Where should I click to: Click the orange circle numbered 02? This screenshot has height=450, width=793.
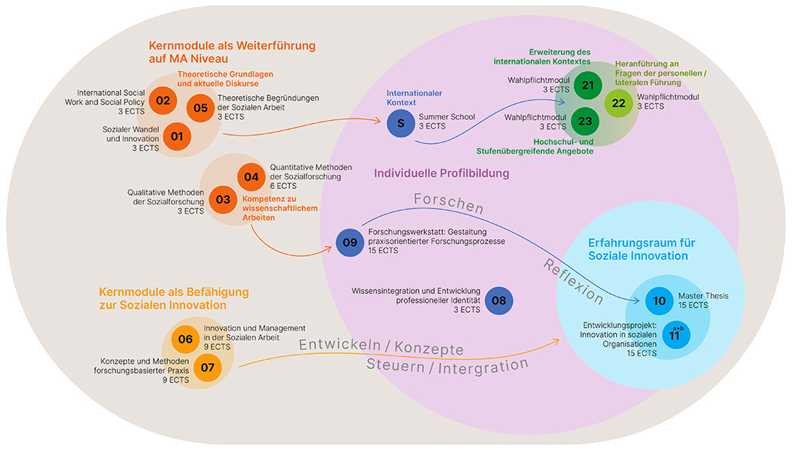tap(163, 99)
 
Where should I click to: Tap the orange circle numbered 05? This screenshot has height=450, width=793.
tap(201, 108)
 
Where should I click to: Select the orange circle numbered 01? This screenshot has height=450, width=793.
tap(177, 136)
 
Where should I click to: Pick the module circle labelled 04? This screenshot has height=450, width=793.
tap(251, 177)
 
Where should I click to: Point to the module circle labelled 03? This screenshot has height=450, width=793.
tap(223, 199)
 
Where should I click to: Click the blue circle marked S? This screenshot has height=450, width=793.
tap(401, 123)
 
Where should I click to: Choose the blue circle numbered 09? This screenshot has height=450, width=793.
tap(350, 242)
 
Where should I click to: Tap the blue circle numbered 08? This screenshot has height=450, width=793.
tap(498, 301)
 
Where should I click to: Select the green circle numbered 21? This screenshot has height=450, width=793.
tap(588, 85)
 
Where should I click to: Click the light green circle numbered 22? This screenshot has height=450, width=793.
tap(619, 103)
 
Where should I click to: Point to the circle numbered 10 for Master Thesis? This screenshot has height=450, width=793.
tap(660, 301)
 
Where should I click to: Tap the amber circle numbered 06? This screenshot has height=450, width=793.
tap(186, 339)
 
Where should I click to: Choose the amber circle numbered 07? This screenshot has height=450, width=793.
tap(208, 367)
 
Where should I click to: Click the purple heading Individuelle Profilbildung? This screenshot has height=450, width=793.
tap(441, 174)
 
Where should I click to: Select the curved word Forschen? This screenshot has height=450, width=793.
tap(450, 203)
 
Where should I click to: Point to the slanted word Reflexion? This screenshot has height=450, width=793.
tap(573, 280)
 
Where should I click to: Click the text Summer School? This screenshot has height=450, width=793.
tap(443, 117)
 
